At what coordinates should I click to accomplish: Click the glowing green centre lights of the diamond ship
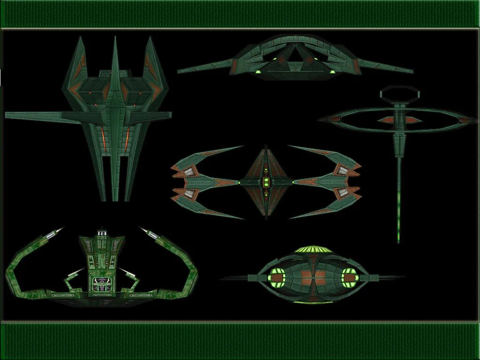(x=266, y=182)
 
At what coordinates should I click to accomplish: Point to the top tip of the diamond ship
(x=265, y=146)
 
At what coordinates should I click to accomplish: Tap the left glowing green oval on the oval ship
(x=275, y=277)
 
